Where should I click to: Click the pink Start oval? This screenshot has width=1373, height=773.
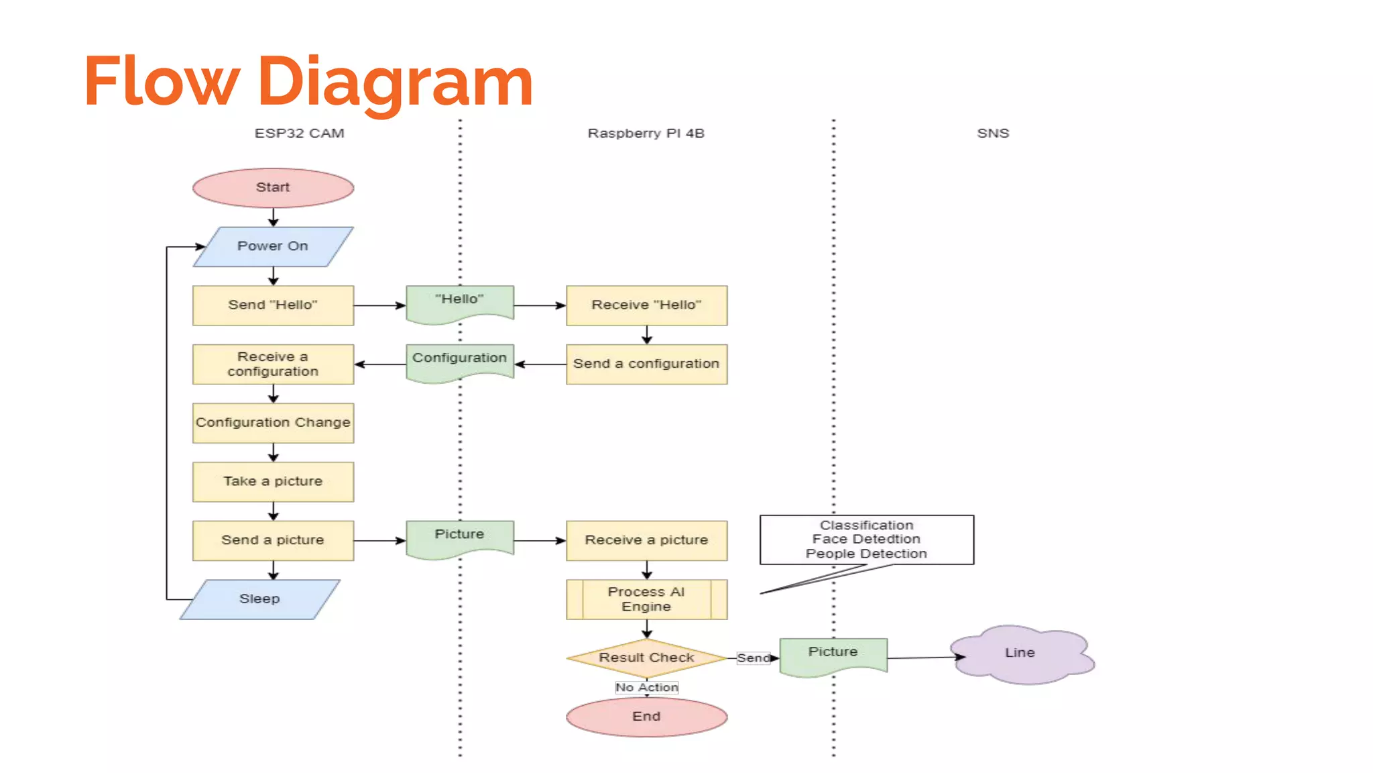click(273, 187)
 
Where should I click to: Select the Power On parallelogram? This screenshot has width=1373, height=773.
click(273, 246)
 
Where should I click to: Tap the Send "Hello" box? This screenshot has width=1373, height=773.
click(273, 305)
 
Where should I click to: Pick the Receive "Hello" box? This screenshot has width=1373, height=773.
click(646, 305)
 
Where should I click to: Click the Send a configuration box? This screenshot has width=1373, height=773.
click(646, 364)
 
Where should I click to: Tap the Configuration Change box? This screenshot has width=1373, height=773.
click(273, 423)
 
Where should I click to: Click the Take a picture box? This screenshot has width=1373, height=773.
click(273, 481)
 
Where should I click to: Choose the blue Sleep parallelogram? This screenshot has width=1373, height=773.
click(259, 599)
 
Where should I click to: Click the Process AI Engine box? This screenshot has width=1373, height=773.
click(646, 599)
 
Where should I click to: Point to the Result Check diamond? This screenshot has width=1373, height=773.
click(646, 658)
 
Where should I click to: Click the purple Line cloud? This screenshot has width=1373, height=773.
click(1020, 654)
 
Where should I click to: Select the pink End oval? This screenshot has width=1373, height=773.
click(646, 717)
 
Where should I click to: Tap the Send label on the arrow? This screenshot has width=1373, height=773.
click(753, 658)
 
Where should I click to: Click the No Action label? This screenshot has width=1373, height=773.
click(646, 687)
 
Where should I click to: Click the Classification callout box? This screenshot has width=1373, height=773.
click(866, 539)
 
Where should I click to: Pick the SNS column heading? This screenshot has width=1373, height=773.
click(993, 134)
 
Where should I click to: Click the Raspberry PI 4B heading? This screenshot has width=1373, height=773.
click(646, 134)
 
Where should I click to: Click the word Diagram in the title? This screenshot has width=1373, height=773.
click(395, 82)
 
